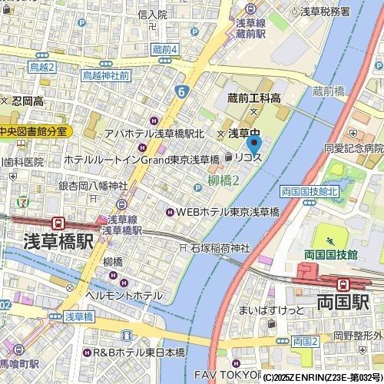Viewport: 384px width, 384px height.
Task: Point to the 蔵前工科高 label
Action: (253, 98)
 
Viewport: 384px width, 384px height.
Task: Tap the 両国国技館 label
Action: (331, 253)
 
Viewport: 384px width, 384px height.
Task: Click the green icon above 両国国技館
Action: (331, 234)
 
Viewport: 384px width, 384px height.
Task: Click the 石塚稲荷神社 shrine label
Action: (220, 248)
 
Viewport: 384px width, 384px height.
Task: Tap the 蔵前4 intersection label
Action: (164, 50)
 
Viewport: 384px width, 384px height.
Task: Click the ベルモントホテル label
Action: (123, 295)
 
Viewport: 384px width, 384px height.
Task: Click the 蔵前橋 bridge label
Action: (329, 91)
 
